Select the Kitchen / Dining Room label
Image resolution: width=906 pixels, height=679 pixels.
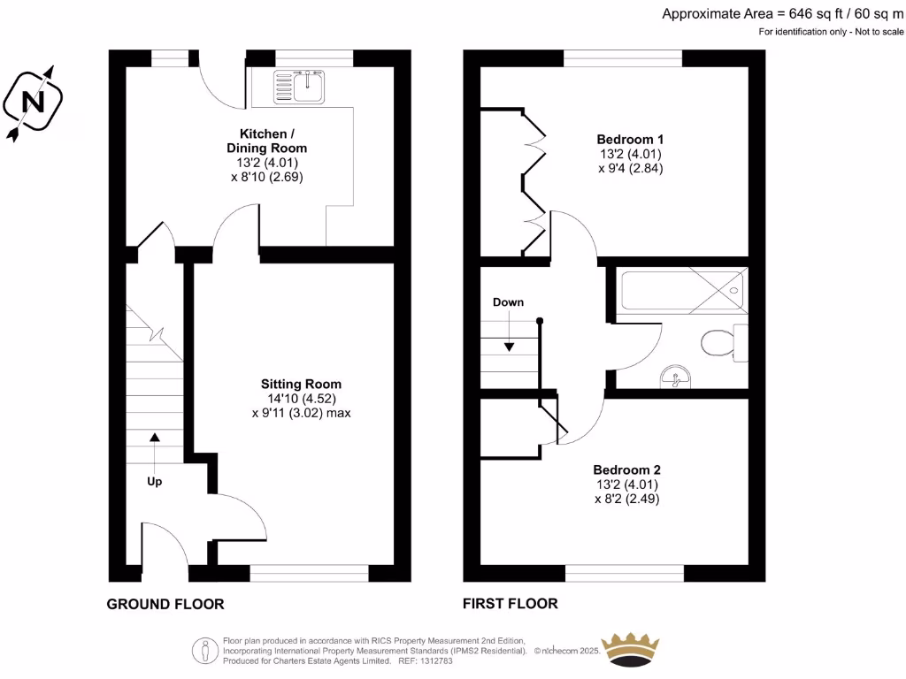(266, 141)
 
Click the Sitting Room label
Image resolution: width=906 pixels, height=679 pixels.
(301, 384)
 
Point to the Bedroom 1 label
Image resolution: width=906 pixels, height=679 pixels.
(630, 139)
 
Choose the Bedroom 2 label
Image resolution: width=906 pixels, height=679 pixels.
(626, 469)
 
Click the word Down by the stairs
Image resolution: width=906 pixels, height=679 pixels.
(508, 301)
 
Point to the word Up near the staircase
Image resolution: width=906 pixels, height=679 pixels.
(154, 482)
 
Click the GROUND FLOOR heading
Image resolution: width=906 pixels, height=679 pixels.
(165, 605)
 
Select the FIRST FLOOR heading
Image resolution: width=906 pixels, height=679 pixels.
(511, 604)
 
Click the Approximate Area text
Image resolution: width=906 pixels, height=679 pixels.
(782, 13)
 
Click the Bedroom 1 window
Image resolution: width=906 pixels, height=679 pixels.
(623, 57)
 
